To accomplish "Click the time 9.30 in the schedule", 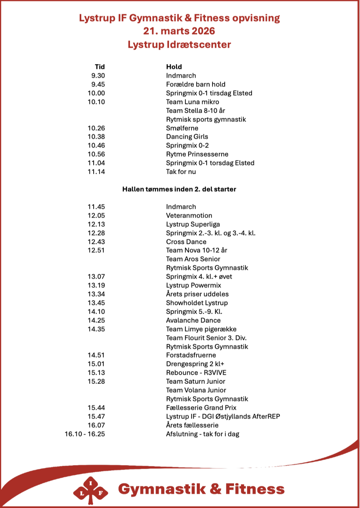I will tap(98, 76).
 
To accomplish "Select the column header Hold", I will tap(174, 67).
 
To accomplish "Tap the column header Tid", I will tap(100, 67).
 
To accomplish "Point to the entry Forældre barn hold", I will tap(195, 85).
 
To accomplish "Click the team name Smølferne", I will tap(182, 128).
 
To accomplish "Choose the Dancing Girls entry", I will tap(187, 137).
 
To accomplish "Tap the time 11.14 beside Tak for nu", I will tap(96, 172).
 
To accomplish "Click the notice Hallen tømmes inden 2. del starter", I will tap(179, 189).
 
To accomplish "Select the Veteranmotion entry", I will tap(189, 215).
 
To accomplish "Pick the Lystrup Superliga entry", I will tap(193, 224).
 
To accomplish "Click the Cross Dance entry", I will tap(186, 242).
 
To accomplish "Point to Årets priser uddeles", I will tap(197, 294).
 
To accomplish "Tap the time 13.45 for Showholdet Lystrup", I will tap(96, 303).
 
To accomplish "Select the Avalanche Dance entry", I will tap(193, 320).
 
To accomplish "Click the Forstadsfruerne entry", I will tap(191, 355).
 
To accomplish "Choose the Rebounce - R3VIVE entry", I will tap(196, 373).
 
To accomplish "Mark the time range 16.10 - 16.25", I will tap(85, 434).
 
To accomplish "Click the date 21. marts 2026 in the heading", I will tap(179, 31).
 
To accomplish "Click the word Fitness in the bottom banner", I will tap(255, 489).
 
